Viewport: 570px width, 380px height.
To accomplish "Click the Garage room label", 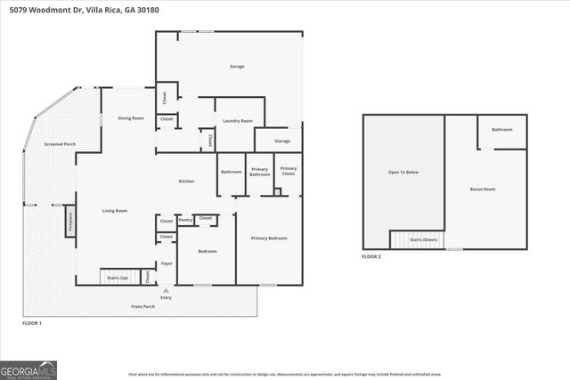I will point(237,67).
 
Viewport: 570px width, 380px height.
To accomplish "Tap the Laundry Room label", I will point(238,121).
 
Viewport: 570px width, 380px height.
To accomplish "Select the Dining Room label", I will point(131,118).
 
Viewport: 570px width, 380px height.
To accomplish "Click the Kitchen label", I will point(186,182).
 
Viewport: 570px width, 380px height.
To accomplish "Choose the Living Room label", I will point(114,211).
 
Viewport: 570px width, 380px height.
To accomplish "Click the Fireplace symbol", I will point(69,221).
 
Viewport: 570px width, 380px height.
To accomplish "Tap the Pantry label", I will point(185,219).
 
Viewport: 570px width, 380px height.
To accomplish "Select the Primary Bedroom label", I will point(268,239).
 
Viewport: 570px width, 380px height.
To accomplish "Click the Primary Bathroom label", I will point(259,172).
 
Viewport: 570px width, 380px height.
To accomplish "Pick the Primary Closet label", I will point(289,171).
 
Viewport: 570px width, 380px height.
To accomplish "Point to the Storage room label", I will point(282,141).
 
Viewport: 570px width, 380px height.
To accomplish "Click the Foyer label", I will point(166,264).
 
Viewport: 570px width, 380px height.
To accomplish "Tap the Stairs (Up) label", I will point(118,278).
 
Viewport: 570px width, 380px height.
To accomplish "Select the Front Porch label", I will point(143,306).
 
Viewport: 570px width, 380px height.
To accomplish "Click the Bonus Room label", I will point(483,190).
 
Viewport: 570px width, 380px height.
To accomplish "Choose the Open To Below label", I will point(403,172).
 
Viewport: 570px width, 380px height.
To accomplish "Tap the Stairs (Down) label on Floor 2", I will point(422,240).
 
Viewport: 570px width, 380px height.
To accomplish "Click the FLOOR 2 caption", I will point(371,256).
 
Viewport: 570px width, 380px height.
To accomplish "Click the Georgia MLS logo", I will point(28,369).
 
